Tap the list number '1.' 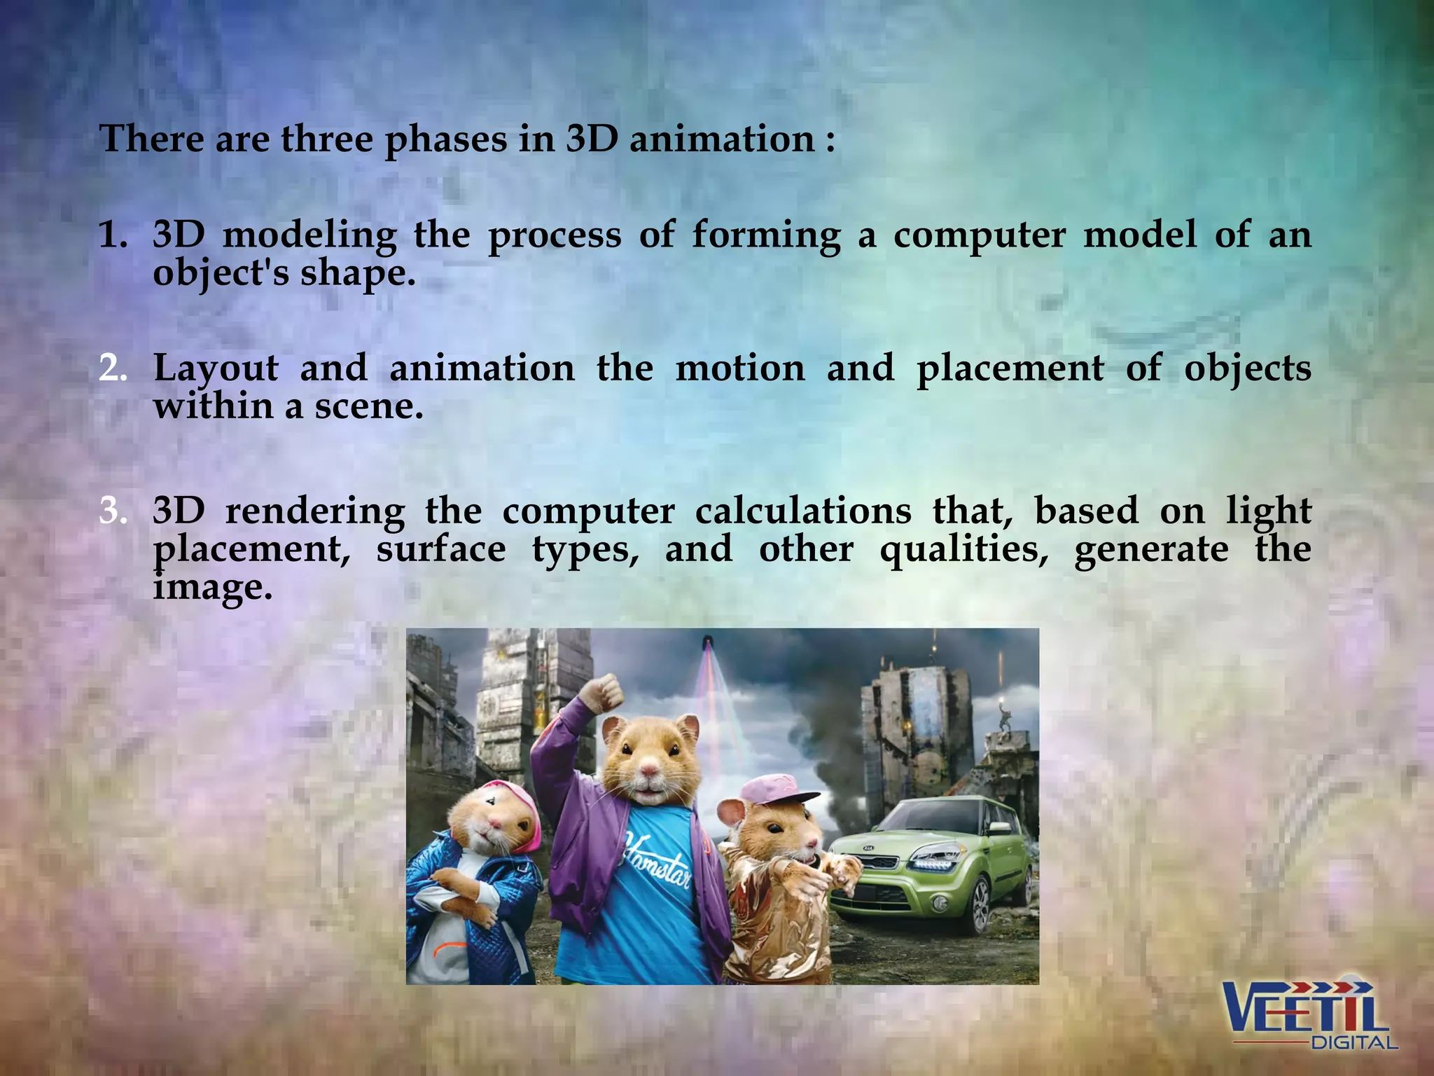[x=113, y=235]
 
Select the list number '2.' [x=113, y=368]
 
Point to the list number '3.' [x=113, y=511]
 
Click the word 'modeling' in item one [x=309, y=235]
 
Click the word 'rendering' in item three [x=315, y=511]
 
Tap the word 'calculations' [x=803, y=511]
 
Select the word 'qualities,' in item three [x=964, y=551]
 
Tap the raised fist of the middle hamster [x=604, y=692]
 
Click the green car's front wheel [x=981, y=904]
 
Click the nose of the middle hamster [x=650, y=771]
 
